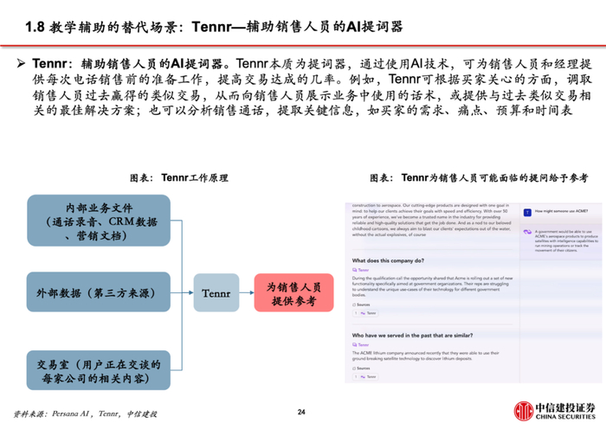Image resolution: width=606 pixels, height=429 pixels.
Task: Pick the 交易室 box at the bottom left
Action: [98, 369]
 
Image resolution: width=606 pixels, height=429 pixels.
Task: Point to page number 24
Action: [302, 412]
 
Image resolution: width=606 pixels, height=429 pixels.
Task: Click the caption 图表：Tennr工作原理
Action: [178, 177]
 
